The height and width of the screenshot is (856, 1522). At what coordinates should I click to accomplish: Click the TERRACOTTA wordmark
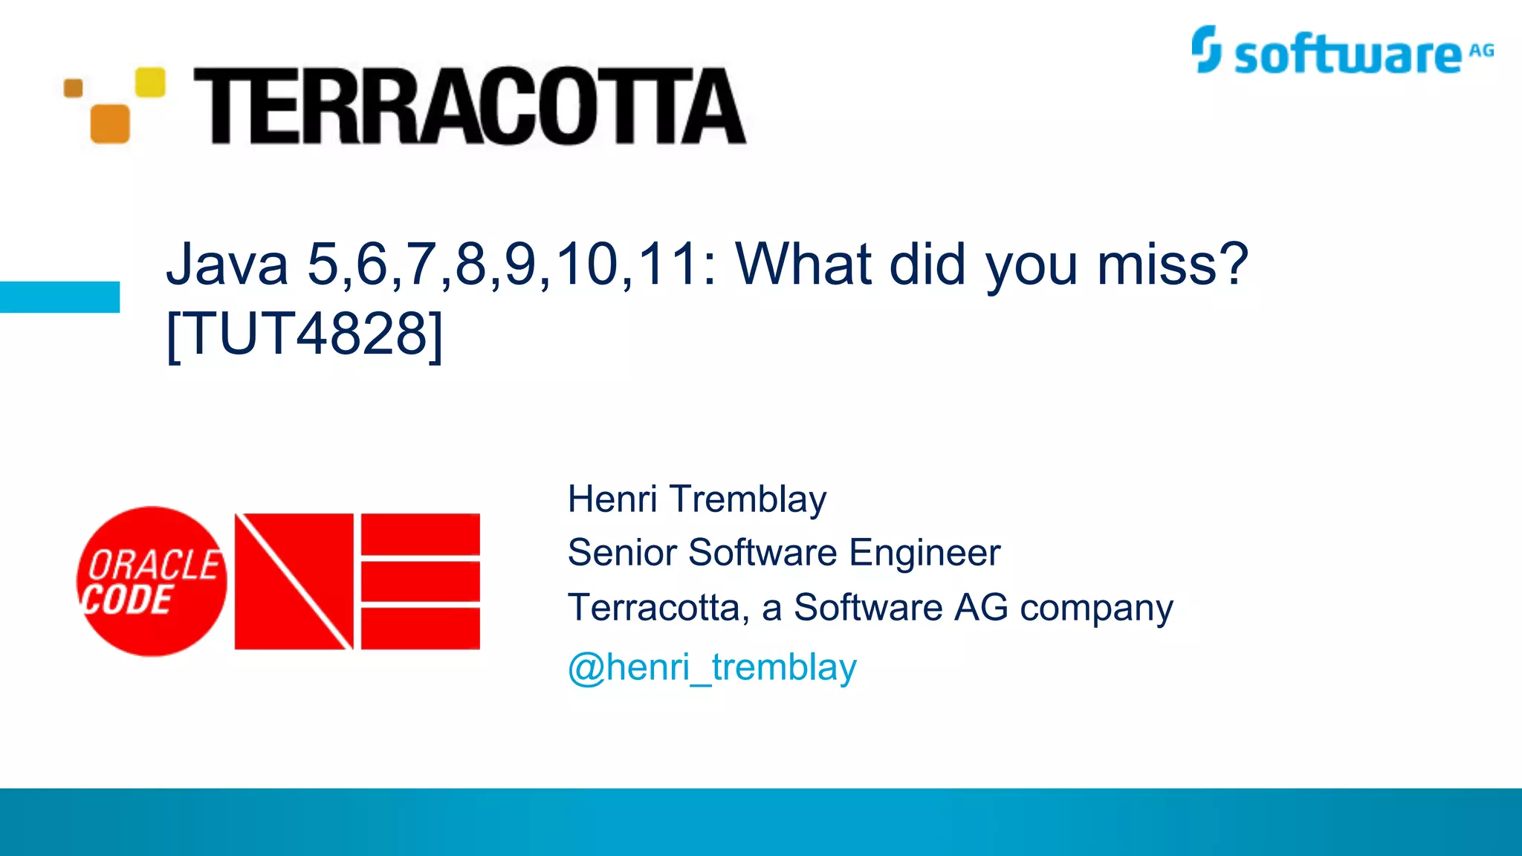coord(470,106)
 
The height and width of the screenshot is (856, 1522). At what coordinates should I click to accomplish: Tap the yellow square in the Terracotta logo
coord(150,82)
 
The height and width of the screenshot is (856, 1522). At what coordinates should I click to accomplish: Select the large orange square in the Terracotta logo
coord(110,123)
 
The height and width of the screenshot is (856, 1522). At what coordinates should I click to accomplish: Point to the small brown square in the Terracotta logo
coord(74,88)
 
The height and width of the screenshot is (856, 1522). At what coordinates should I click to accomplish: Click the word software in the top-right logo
coord(1347,56)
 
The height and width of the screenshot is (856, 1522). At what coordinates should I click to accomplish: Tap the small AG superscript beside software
coord(1481,51)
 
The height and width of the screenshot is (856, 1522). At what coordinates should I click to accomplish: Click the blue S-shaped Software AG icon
coord(1205,49)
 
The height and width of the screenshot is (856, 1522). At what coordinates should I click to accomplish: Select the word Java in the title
coord(227,265)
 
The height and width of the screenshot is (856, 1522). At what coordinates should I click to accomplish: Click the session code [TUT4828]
coord(305,334)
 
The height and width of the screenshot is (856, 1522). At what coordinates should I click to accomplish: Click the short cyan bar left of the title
coord(59,296)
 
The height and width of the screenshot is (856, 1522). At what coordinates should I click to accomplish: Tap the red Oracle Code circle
coord(152,581)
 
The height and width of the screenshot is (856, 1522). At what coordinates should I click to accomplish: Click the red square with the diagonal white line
coord(294,581)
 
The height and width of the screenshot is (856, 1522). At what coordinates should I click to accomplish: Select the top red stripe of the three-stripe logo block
coord(421,533)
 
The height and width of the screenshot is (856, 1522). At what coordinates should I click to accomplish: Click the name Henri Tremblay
coord(697,499)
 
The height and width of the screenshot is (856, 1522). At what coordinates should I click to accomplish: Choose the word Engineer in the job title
coord(924,553)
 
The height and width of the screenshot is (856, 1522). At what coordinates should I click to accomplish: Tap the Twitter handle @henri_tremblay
coord(712,667)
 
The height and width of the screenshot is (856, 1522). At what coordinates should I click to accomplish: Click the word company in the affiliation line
coord(1096,609)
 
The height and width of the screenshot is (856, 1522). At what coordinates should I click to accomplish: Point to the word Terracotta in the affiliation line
coord(653,608)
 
